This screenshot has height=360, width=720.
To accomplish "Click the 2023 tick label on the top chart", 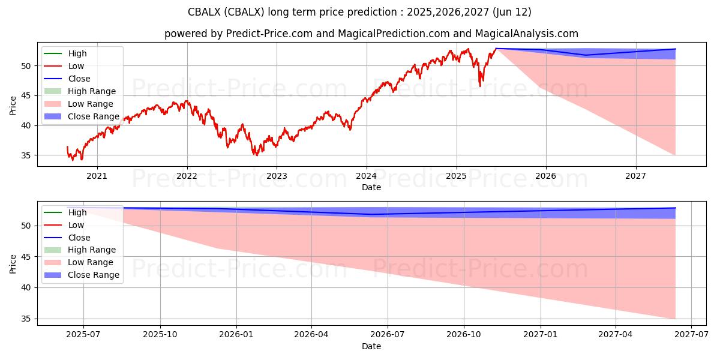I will pyautogui.click(x=276, y=176).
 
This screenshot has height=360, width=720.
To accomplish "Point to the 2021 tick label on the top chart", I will pyautogui.click(x=97, y=176).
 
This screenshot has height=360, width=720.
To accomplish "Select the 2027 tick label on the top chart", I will pyautogui.click(x=635, y=176).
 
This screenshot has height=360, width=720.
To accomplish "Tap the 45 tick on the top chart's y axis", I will pyautogui.click(x=28, y=95).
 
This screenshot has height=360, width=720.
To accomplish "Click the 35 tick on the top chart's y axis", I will pyautogui.click(x=28, y=155).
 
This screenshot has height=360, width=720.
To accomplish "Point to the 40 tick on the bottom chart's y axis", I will pyautogui.click(x=28, y=288).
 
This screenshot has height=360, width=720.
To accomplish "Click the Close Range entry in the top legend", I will pyautogui.click(x=94, y=116).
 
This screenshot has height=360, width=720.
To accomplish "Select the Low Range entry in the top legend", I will pyautogui.click(x=91, y=104).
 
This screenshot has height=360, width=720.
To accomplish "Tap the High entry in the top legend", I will pyautogui.click(x=77, y=53).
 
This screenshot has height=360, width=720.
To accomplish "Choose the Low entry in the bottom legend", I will pyautogui.click(x=76, y=224).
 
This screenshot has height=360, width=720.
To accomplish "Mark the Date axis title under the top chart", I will pyautogui.click(x=371, y=187).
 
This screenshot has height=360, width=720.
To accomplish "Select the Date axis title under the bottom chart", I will pyautogui.click(x=371, y=346).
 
